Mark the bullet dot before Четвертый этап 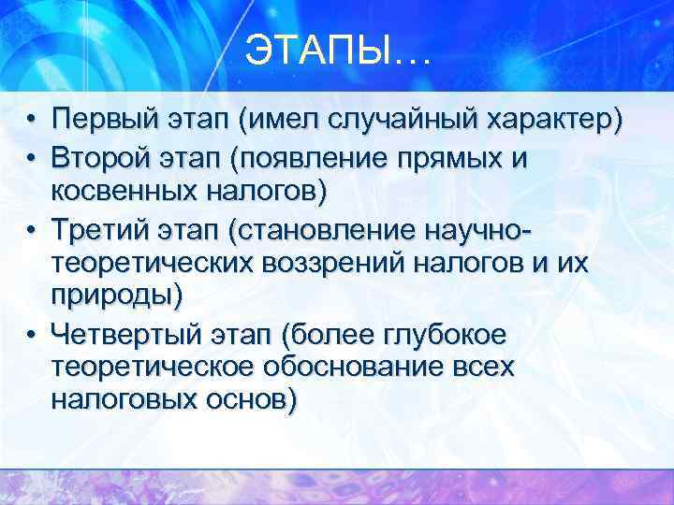(x=31, y=333)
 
